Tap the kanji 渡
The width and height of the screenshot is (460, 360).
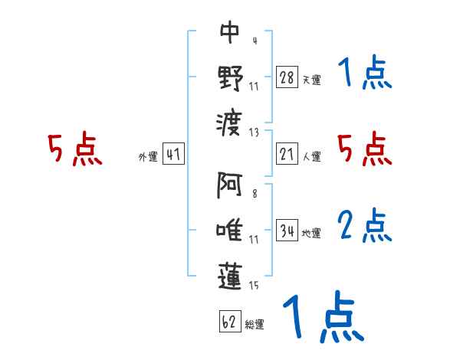pos(230,119)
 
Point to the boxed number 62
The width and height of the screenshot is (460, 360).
pos(229,322)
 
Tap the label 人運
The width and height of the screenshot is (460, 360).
pos(311,156)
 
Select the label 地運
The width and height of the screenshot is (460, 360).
pos(311,233)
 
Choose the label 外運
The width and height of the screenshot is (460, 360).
pos(148,156)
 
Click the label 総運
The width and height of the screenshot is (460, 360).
pos(254,324)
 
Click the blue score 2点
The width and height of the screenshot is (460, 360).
pos(364,226)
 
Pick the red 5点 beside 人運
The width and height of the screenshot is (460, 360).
pos(364,149)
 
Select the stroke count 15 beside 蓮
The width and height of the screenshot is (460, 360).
pos(253,286)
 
